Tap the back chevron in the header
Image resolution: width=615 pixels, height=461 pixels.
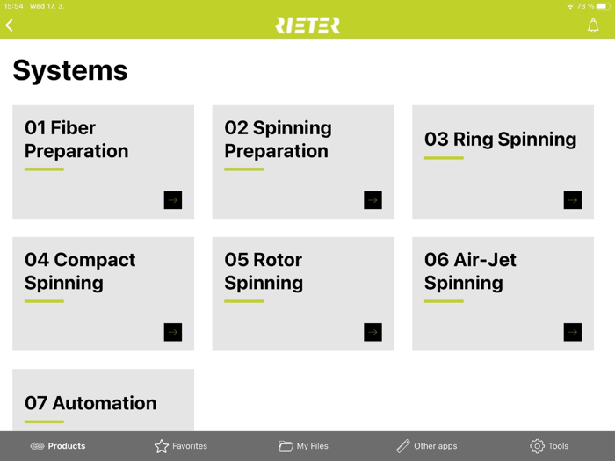tap(10, 25)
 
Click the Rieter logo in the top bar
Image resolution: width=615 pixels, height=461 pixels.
tap(307, 25)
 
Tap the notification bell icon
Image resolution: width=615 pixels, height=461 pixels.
tap(593, 25)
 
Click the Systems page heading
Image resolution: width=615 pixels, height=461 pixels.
tap(70, 70)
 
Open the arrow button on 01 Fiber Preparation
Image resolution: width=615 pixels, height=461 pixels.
tap(173, 200)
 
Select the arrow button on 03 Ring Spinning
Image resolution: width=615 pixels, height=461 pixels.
tap(573, 200)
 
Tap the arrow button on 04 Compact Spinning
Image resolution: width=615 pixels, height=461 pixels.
tap(173, 332)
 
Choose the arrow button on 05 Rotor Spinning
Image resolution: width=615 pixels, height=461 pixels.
tap(373, 332)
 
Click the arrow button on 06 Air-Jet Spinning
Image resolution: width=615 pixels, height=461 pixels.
tap(573, 332)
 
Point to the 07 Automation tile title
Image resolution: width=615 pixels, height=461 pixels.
tap(90, 403)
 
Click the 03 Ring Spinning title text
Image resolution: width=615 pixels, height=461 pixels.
tap(500, 140)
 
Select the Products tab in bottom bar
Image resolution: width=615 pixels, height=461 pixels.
tap(58, 446)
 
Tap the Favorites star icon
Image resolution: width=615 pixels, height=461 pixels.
tap(162, 446)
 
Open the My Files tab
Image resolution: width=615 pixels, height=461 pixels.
tap(303, 446)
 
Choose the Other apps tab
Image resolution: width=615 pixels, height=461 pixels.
tap(426, 446)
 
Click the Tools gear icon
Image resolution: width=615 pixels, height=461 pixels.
tap(537, 446)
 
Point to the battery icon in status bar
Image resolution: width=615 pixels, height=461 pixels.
tap(604, 6)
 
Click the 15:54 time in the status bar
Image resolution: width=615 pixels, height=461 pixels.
tap(13, 6)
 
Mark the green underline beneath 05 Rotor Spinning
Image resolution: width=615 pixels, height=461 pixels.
tap(243, 301)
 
